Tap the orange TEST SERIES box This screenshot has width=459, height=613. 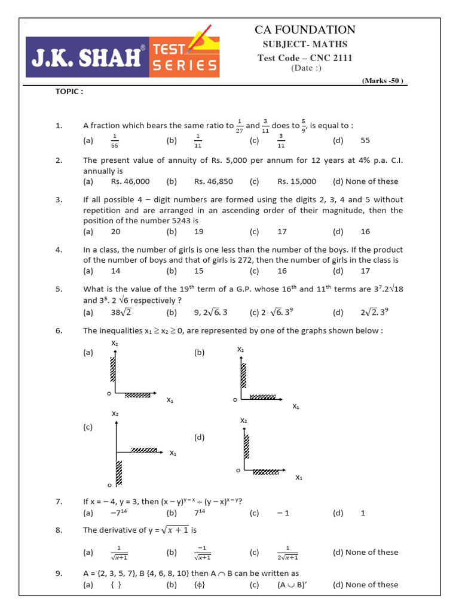pos(183,56)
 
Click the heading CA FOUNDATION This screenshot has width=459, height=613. pos(305,29)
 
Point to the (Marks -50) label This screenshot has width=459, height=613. pos(383,80)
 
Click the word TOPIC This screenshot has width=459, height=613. pos(69,92)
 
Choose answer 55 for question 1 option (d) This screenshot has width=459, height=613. pos(366,141)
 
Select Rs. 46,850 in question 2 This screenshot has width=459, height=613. pos(213,181)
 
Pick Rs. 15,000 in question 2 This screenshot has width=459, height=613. pos(296,181)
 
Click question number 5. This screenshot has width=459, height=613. pos(59,289)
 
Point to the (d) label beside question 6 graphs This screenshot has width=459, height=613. pos(199,438)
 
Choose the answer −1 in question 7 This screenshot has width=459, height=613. pos(283,513)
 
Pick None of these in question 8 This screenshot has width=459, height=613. pos(365,552)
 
